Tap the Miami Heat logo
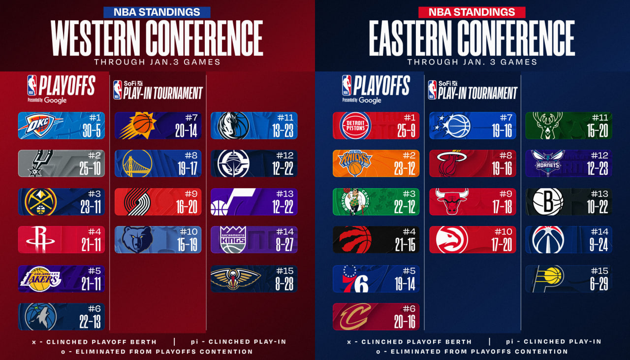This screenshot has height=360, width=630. point(448,164)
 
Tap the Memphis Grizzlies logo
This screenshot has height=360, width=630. point(135,240)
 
